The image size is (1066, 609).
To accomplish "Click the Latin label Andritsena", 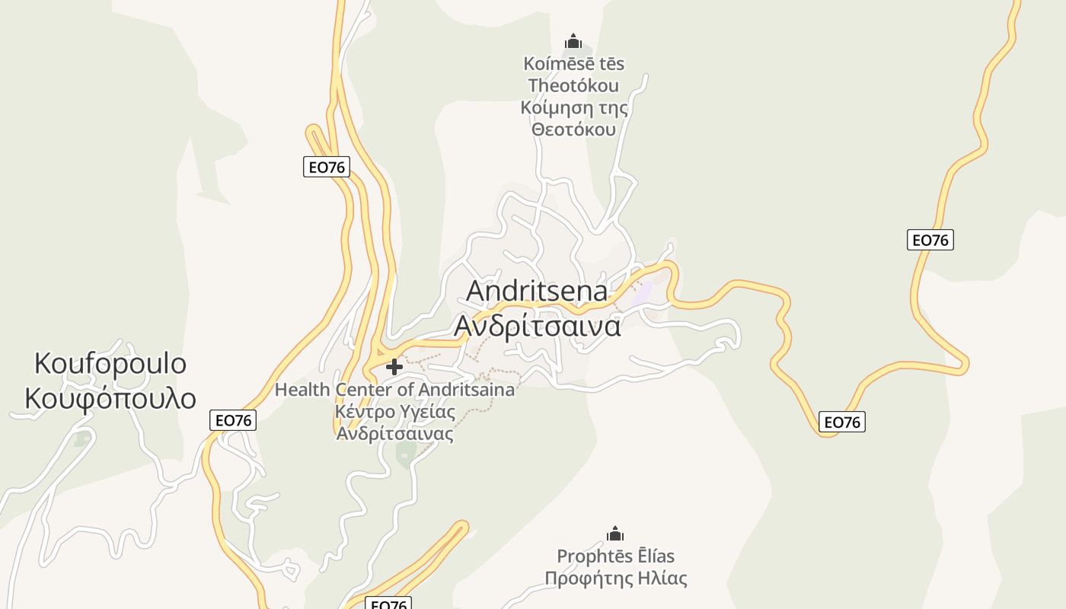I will [537, 291].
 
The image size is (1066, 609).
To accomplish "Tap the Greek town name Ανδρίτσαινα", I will [537, 325].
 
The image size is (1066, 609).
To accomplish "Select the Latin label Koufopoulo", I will [110, 364].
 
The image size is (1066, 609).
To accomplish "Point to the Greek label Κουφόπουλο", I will [110, 398].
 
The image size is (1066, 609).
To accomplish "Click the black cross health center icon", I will [394, 368].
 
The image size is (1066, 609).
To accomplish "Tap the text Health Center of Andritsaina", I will [394, 390].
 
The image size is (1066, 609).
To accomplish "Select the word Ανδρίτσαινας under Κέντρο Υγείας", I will [394, 434].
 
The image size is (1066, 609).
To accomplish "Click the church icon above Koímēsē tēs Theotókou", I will [573, 41].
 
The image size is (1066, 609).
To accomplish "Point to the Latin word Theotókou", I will [573, 85].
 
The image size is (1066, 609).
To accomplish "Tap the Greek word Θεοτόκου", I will [573, 129].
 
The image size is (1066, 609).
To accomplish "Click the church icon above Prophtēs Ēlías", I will [615, 534].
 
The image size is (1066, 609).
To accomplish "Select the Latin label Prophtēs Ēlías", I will [615, 556].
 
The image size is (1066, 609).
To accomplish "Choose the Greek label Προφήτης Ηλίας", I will [615, 579].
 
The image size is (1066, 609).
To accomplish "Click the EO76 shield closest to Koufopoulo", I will [233, 420].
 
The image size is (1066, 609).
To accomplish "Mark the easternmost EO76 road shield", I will [930, 240].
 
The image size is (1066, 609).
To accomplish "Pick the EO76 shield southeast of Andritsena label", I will [842, 422].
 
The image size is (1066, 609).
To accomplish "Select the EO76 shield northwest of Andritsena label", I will [327, 167].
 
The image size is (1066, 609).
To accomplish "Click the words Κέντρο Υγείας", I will [394, 412].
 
